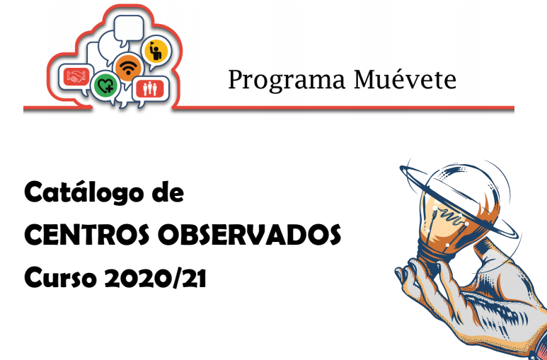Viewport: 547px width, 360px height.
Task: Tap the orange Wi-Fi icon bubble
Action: (x=128, y=67)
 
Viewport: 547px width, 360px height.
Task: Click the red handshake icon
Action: (x=76, y=76)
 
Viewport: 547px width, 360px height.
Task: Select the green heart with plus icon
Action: (x=105, y=86)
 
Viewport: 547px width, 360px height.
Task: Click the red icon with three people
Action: (x=150, y=88)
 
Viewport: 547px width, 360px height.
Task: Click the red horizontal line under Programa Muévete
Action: (x=269, y=108)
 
